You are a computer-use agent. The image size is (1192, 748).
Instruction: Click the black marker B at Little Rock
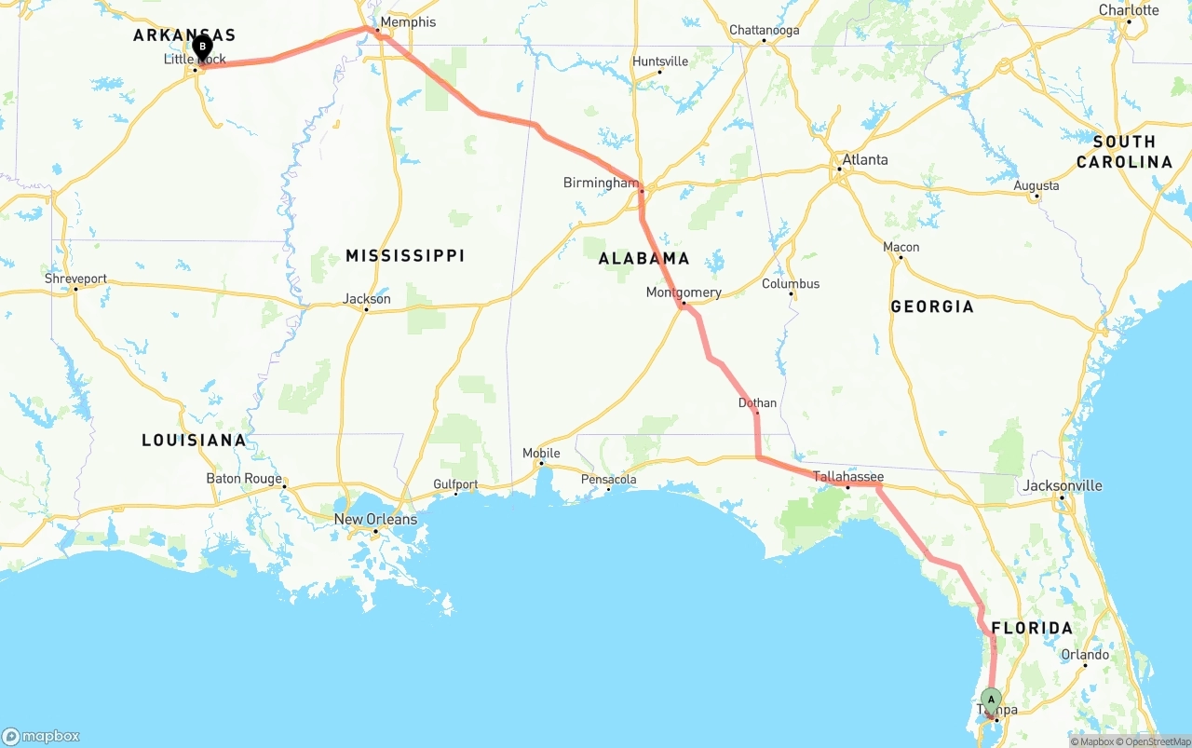click(x=202, y=46)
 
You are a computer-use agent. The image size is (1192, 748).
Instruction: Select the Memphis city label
click(x=408, y=22)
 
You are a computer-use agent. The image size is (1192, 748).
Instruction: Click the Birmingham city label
click(x=601, y=183)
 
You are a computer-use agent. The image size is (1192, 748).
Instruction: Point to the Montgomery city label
click(x=684, y=292)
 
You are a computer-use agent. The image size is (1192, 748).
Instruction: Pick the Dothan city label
click(x=757, y=403)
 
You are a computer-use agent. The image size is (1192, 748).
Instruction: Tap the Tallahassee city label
click(x=847, y=477)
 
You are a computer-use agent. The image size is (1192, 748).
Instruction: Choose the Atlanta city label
click(x=864, y=160)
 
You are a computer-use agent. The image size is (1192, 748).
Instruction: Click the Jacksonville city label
click(x=1062, y=485)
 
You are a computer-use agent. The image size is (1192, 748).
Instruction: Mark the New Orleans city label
click(x=375, y=520)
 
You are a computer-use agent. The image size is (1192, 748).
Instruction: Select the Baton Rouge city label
click(x=244, y=479)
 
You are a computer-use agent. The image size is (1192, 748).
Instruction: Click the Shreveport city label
click(x=75, y=279)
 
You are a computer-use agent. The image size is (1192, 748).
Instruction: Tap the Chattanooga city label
click(x=764, y=31)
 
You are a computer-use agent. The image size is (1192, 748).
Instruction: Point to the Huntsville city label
click(x=660, y=61)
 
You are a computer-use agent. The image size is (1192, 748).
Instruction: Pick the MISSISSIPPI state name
click(x=405, y=255)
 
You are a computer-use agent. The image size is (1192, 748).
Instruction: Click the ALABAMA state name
click(x=644, y=258)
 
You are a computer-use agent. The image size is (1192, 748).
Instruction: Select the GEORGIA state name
click(x=932, y=306)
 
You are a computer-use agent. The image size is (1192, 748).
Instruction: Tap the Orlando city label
click(x=1085, y=655)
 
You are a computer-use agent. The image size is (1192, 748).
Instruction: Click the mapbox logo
click(x=41, y=736)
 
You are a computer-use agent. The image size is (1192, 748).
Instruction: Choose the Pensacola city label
click(x=609, y=480)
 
